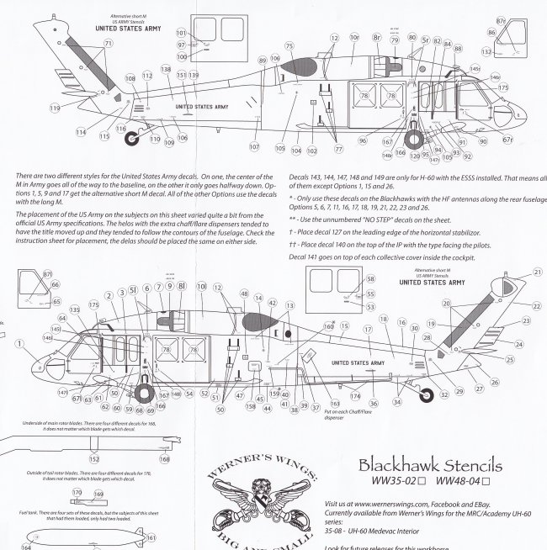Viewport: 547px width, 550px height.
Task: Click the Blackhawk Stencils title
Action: (431, 465)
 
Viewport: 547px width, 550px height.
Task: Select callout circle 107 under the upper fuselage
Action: (254, 146)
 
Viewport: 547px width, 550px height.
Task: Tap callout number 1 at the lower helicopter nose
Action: (19, 344)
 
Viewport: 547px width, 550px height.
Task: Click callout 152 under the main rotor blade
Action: (94, 459)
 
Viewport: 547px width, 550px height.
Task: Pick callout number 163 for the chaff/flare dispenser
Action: (335, 404)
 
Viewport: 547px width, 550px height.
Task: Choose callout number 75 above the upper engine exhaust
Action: (289, 46)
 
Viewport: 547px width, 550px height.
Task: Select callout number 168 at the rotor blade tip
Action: (164, 459)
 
